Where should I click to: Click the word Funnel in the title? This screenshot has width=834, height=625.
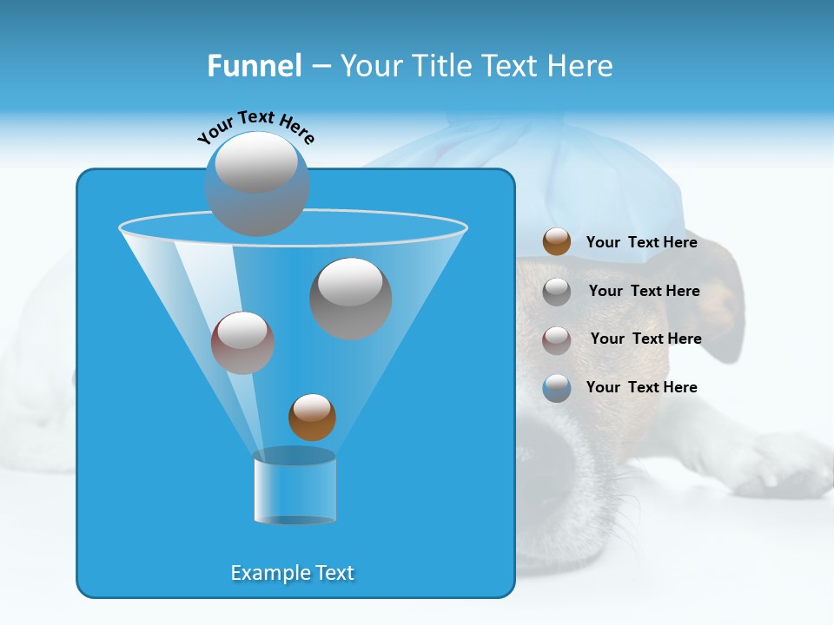[254, 66]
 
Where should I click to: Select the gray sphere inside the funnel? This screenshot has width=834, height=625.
[350, 298]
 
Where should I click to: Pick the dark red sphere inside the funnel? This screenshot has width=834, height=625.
[242, 343]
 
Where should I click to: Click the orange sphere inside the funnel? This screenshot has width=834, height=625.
[312, 417]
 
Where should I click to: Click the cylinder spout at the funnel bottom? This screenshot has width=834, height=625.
[295, 488]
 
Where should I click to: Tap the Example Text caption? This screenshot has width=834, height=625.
[292, 573]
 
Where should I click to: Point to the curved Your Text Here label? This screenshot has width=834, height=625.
[255, 127]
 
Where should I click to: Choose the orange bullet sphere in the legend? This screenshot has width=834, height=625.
[557, 241]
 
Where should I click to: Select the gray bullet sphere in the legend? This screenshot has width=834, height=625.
[557, 291]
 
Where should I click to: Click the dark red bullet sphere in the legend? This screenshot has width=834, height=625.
[557, 339]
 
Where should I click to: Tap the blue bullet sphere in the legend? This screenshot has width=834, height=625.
[557, 387]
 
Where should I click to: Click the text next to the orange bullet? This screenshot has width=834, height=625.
[641, 242]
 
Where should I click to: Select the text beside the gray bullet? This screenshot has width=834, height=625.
[644, 291]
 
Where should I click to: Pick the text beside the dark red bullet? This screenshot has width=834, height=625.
[645, 339]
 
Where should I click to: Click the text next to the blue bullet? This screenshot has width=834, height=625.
[641, 387]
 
